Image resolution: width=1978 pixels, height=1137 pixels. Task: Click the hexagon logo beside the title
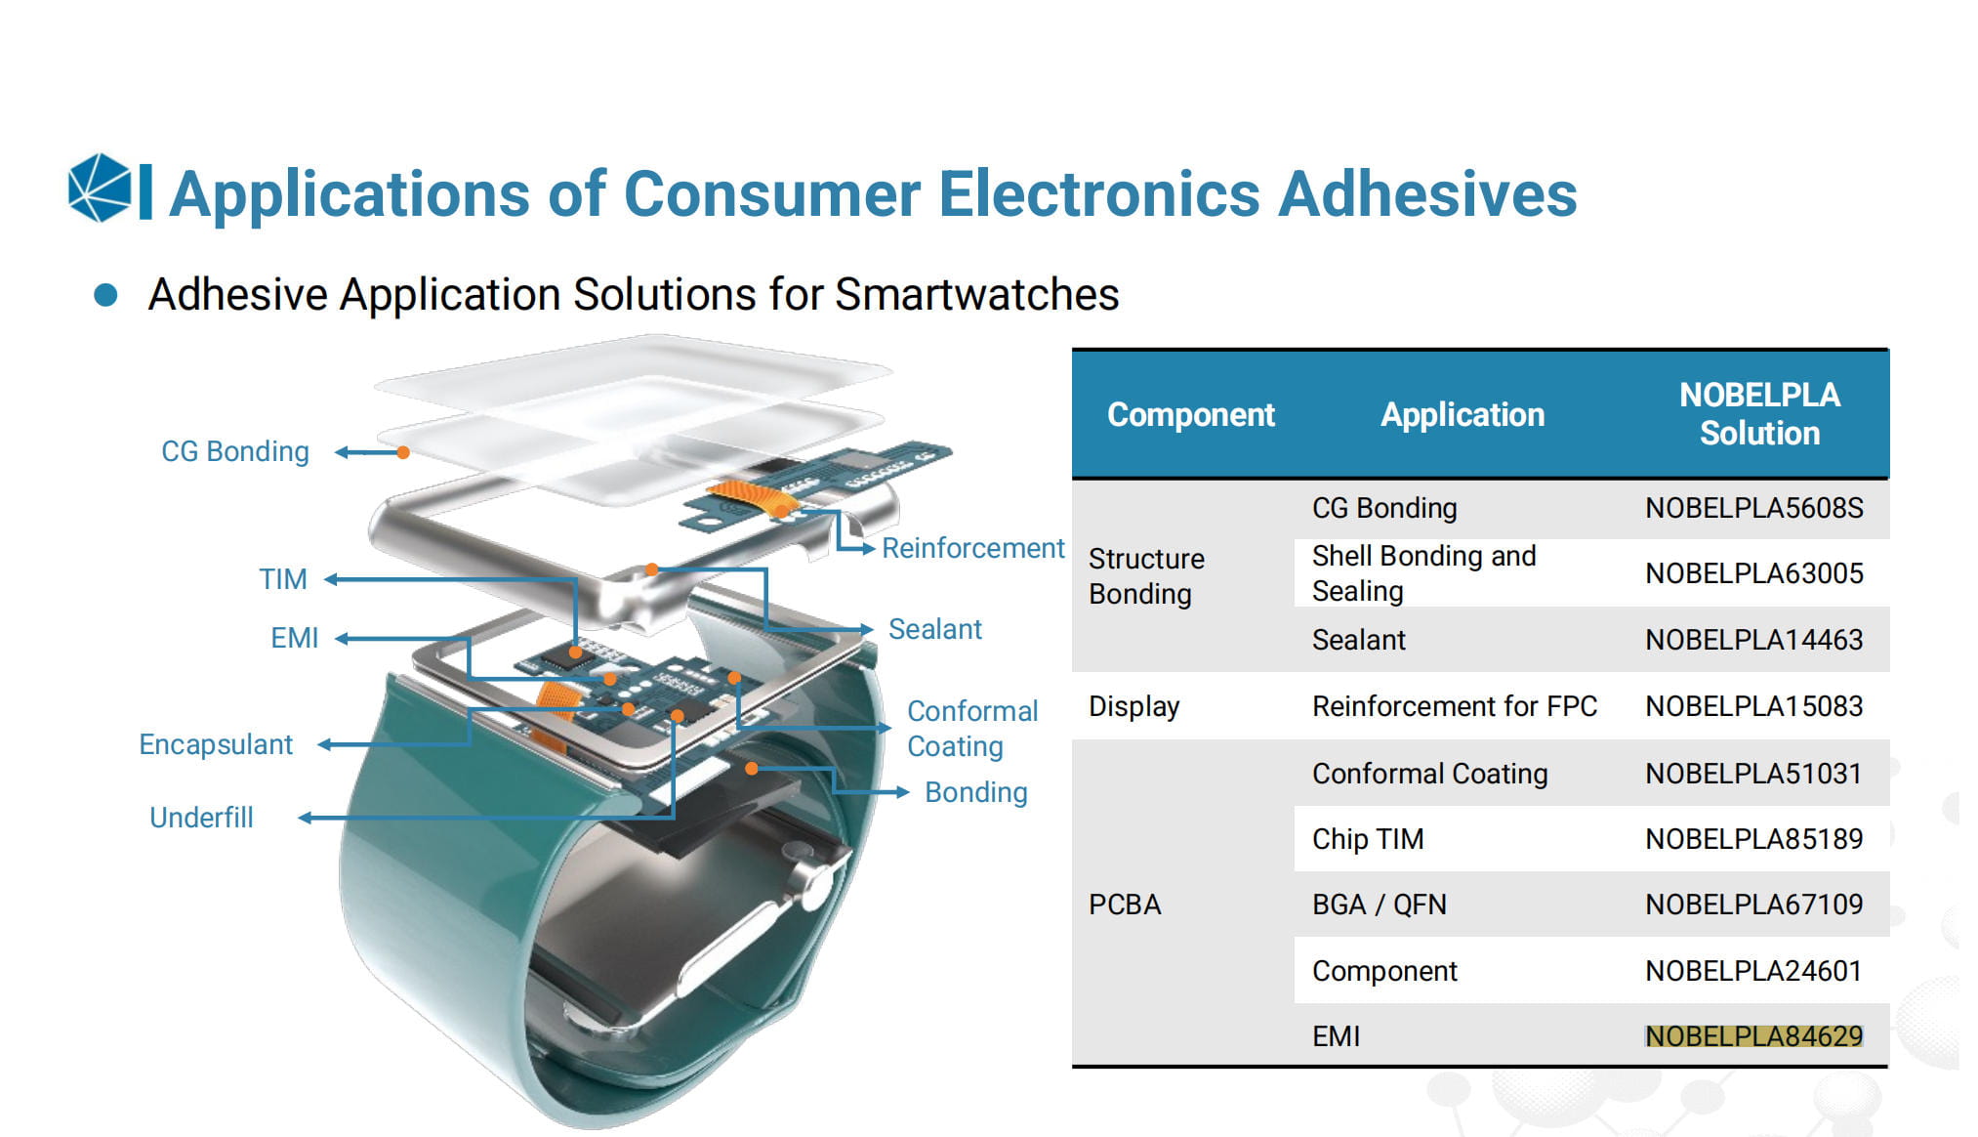tap(100, 188)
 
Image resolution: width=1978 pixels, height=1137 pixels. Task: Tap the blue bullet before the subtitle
tap(105, 295)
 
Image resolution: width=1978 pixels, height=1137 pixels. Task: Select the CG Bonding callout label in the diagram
tap(235, 451)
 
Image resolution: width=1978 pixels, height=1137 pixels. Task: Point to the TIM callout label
tap(283, 579)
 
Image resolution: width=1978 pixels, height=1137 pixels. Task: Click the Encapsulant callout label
tap(216, 744)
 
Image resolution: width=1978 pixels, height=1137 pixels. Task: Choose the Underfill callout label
tap(201, 818)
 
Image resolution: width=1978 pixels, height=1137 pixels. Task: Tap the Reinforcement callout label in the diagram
tap(972, 548)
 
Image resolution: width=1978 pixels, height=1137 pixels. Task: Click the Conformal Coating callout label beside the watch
tap(972, 729)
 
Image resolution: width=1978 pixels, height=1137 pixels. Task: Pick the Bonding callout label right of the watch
tap(976, 792)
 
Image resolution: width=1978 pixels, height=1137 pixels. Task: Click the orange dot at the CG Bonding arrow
tap(403, 452)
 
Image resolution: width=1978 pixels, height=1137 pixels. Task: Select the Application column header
tap(1463, 414)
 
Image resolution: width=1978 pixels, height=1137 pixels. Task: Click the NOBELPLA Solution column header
tap(1759, 414)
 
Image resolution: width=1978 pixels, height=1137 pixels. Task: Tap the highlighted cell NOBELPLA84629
tap(1754, 1035)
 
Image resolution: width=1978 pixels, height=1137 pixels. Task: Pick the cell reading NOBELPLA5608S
tap(1754, 508)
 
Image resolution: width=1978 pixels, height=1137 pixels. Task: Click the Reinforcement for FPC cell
tap(1455, 706)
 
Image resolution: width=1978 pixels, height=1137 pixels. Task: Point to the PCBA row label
tap(1125, 905)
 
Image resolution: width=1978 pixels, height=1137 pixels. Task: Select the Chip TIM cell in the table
tap(1368, 839)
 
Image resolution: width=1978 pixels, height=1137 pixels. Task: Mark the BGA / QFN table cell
tap(1380, 905)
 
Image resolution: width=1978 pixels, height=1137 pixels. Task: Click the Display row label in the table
tap(1134, 706)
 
